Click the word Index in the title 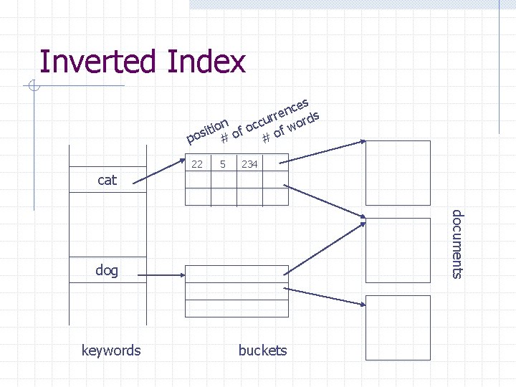pyautogui.click(x=206, y=62)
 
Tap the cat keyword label pyautogui.click(x=107, y=180)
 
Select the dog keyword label pyautogui.click(x=107, y=270)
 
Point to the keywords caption pyautogui.click(x=111, y=350)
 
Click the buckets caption pyautogui.click(x=262, y=350)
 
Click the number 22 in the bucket pyautogui.click(x=197, y=165)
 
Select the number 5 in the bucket pyautogui.click(x=224, y=165)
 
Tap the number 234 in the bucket pyautogui.click(x=249, y=165)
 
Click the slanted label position pyautogui.click(x=207, y=128)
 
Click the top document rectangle pyautogui.click(x=398, y=173)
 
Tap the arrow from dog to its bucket pyautogui.click(x=163, y=272)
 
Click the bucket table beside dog pyautogui.click(x=237, y=291)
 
